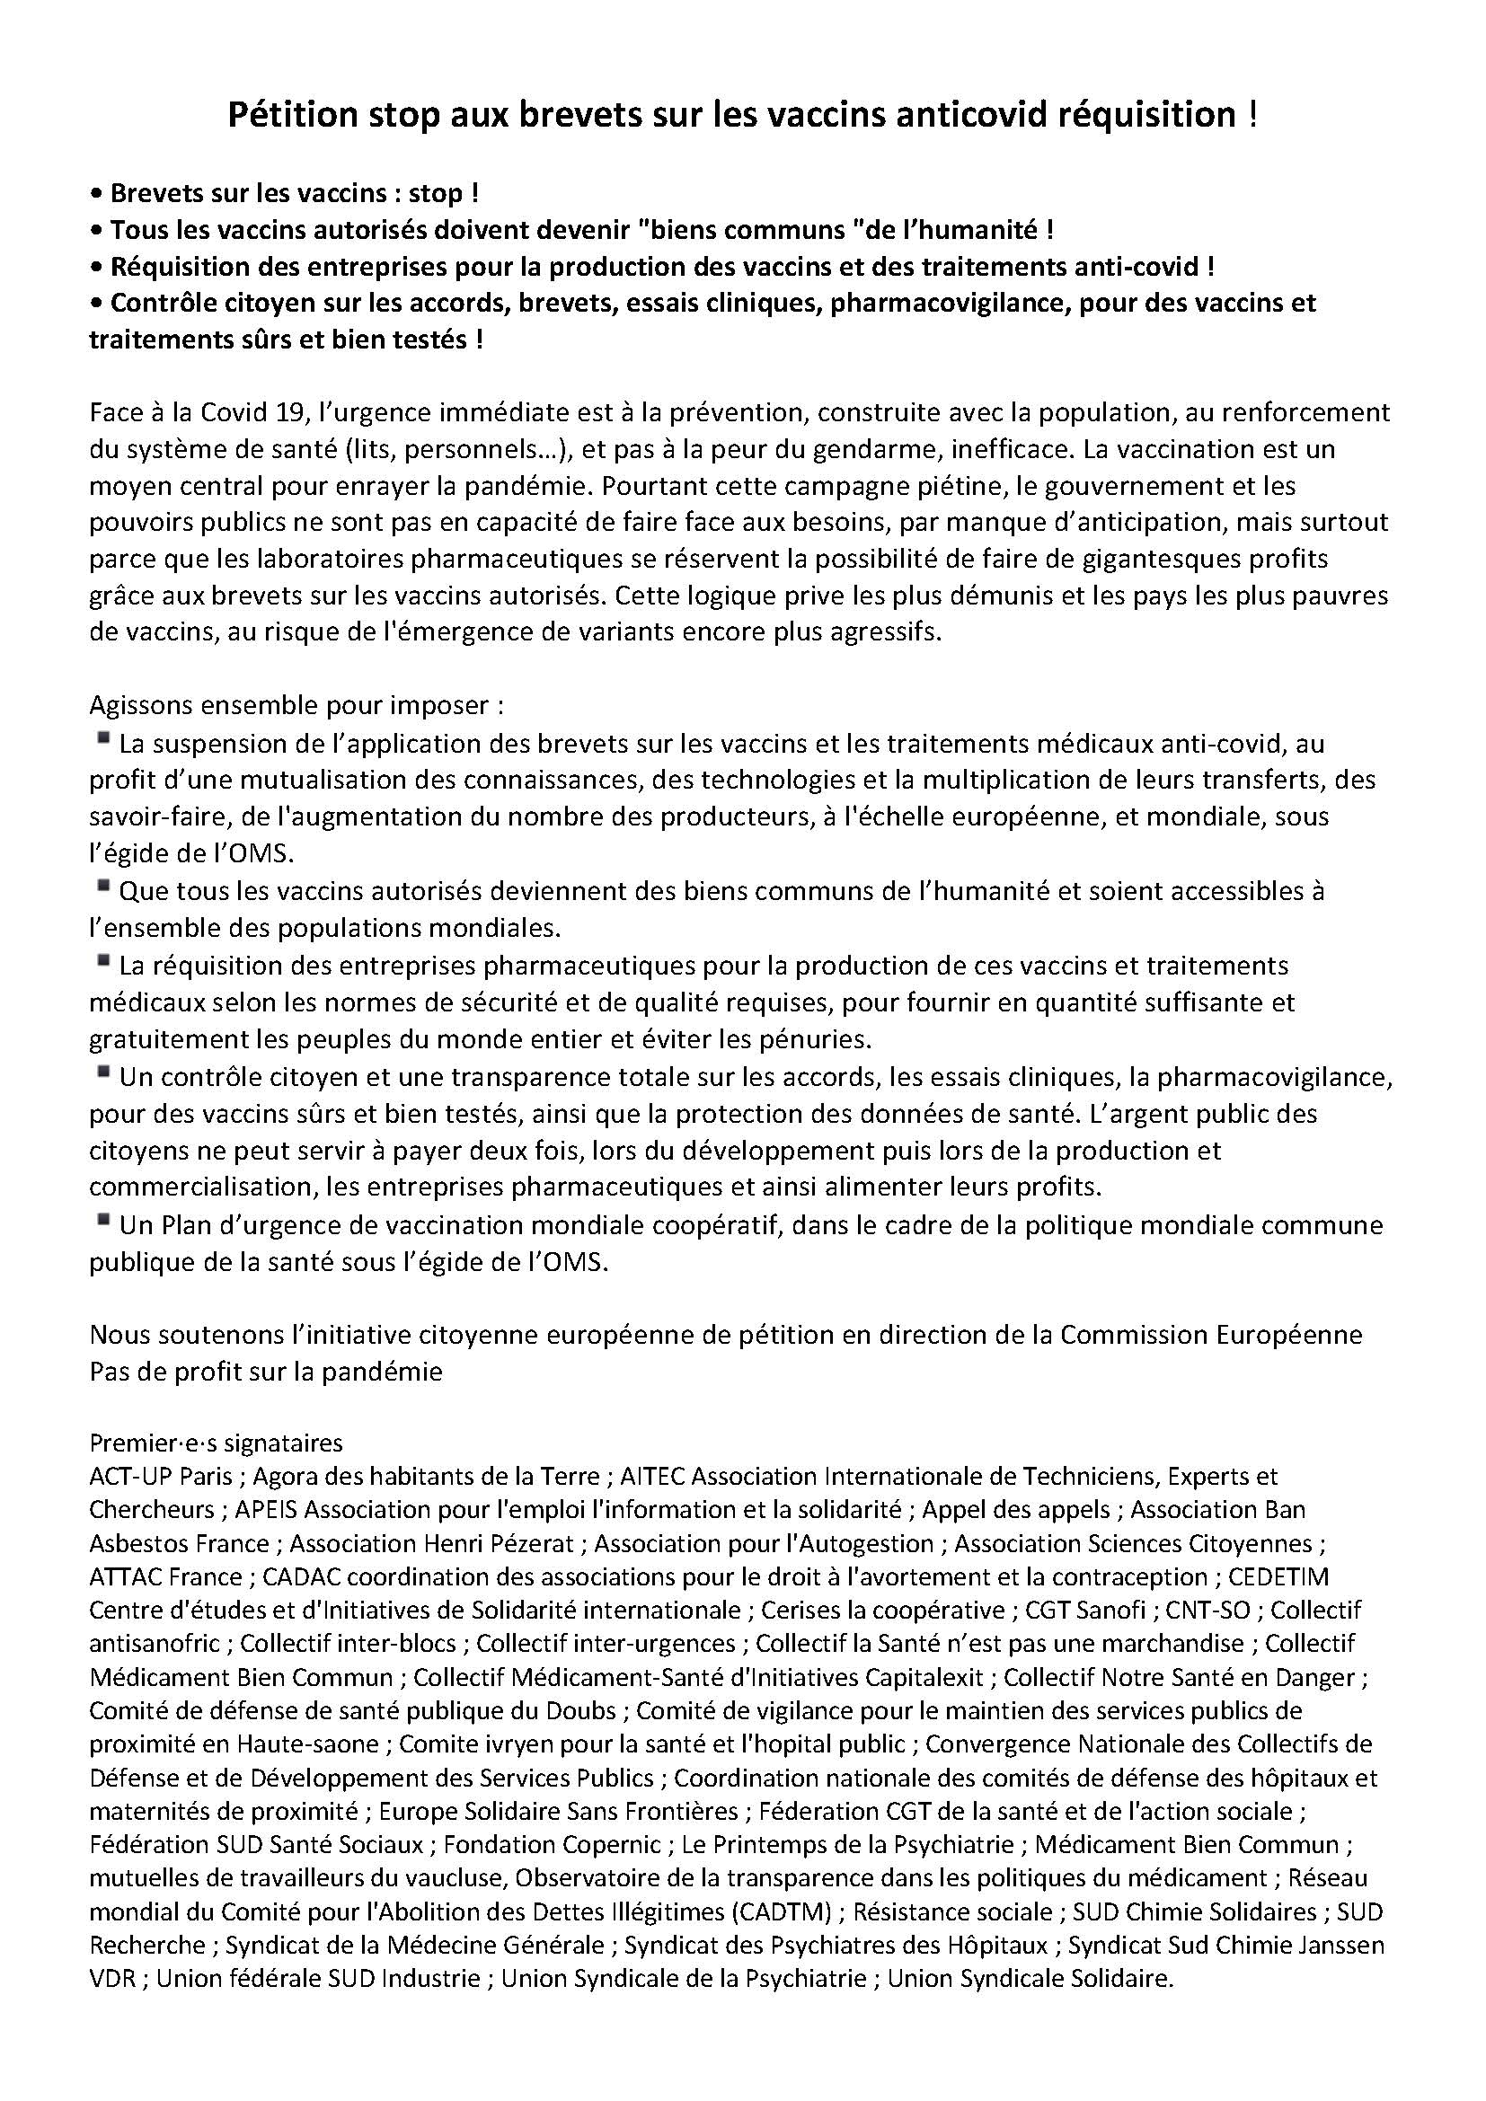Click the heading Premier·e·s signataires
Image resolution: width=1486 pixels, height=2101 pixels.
pos(216,1443)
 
